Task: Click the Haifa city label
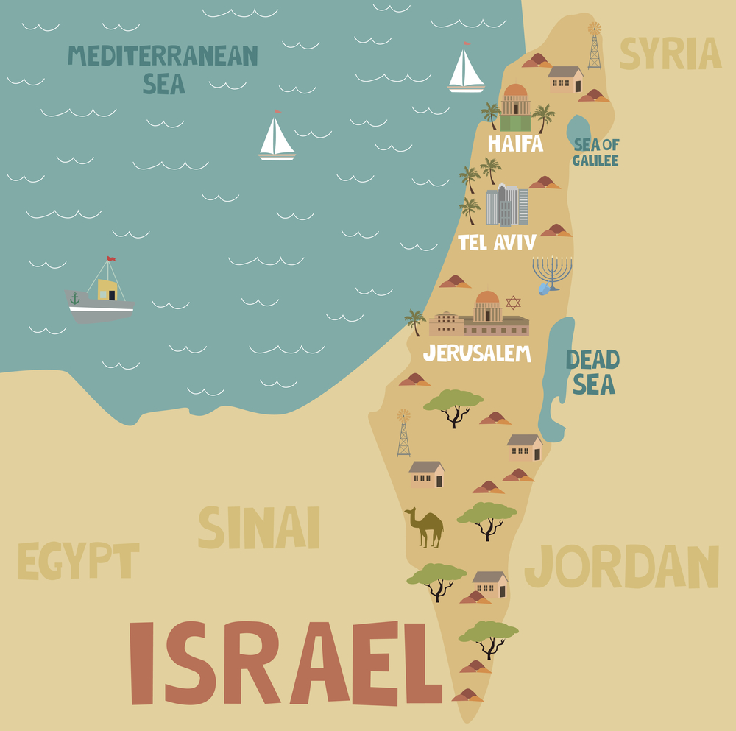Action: click(x=515, y=144)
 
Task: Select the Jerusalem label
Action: click(x=477, y=354)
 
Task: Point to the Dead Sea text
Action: click(x=592, y=372)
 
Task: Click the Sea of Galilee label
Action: click(x=595, y=152)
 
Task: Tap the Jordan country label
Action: click(x=621, y=568)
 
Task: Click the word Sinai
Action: click(x=258, y=528)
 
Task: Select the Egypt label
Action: click(x=78, y=562)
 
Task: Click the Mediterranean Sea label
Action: click(x=163, y=68)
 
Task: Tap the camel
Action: click(x=425, y=527)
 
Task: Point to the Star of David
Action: click(x=513, y=303)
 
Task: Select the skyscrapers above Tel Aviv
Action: click(x=506, y=205)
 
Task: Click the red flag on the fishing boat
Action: click(x=111, y=259)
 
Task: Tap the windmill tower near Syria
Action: click(x=594, y=46)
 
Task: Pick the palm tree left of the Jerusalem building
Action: click(x=415, y=322)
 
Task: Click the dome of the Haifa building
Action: click(x=515, y=91)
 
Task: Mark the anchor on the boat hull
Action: click(x=74, y=299)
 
